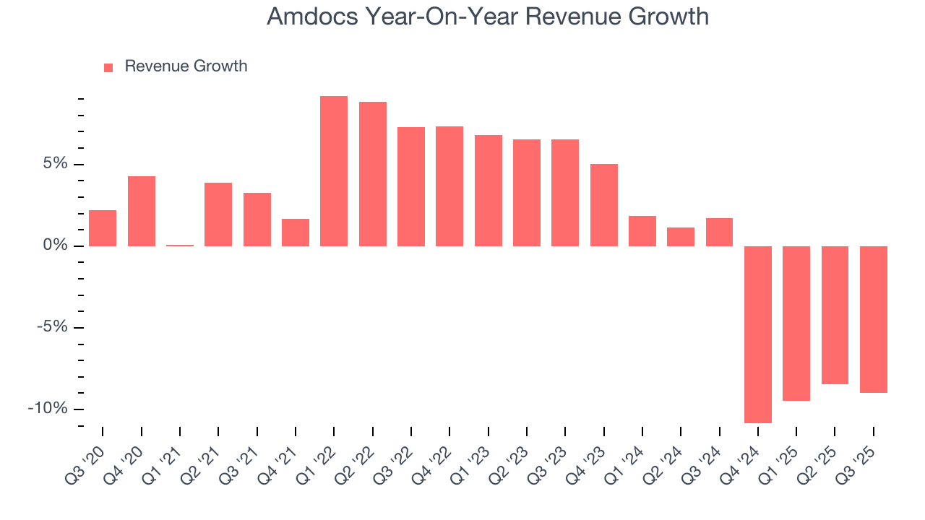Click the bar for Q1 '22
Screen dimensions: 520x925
coord(334,171)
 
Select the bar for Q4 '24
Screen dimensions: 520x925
coord(758,334)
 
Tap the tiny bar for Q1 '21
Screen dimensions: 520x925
coord(180,246)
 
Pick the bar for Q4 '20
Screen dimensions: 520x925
coord(142,211)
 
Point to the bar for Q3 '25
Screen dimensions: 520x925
coord(874,319)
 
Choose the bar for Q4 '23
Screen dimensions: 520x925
coord(604,205)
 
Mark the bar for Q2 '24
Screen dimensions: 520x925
coord(681,237)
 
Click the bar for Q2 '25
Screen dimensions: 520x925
coord(835,315)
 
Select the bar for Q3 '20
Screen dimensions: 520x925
coord(103,228)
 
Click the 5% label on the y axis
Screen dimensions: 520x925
coord(55,164)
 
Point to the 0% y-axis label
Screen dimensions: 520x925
coord(55,246)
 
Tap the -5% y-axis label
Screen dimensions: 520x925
coord(51,327)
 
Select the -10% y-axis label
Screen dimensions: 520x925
coord(48,409)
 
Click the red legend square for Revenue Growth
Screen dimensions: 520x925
coord(108,67)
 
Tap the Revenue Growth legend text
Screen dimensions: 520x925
coord(186,66)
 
